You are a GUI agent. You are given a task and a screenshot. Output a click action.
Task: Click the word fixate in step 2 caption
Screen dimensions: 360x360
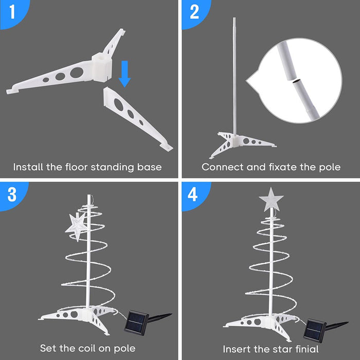click(x=281, y=167)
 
